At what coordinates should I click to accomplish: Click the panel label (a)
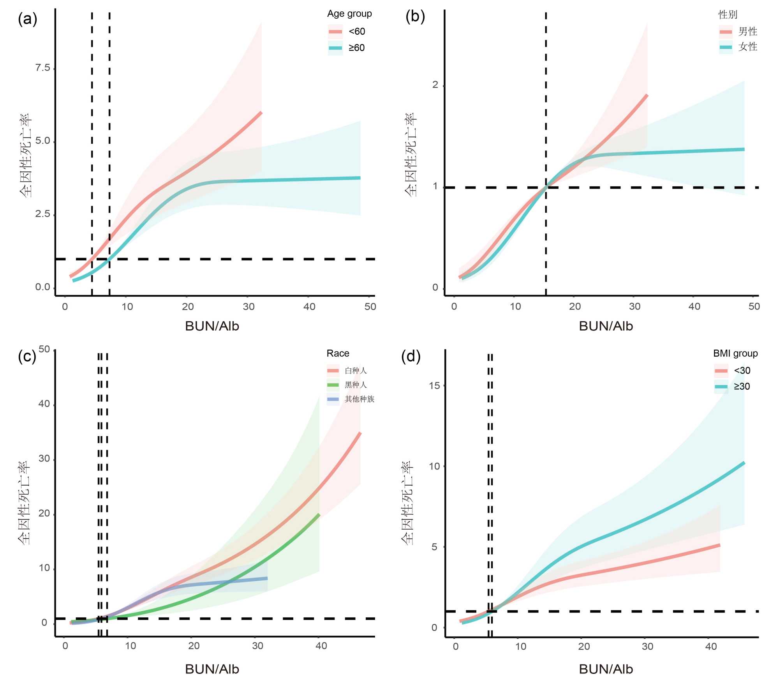(27, 19)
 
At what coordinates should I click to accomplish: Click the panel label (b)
(415, 16)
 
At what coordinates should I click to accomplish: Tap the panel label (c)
(27, 356)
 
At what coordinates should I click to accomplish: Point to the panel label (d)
(411, 356)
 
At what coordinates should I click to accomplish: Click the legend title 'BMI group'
(735, 353)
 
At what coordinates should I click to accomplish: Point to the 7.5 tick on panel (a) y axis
(43, 68)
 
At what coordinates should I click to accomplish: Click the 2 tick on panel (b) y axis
(435, 85)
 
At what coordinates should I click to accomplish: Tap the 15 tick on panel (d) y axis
(434, 386)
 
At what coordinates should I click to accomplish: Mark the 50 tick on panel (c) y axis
(44, 349)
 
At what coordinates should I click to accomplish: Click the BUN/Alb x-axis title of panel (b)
(606, 326)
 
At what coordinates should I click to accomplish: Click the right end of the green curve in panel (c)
(319, 515)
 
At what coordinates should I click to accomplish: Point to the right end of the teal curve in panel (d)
(744, 463)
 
